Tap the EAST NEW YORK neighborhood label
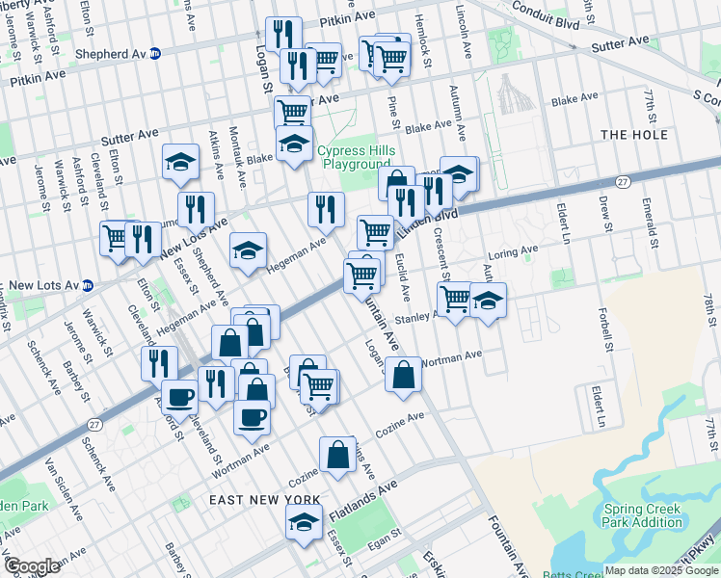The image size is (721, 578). [x=264, y=500]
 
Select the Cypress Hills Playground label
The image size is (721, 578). [x=357, y=158]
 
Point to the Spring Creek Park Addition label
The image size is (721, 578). [x=644, y=516]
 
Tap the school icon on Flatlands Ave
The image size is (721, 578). [x=304, y=523]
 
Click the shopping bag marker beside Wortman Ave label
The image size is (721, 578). [x=403, y=373]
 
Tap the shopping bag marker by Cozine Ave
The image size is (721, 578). [x=338, y=453]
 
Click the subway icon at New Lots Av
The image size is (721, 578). [x=88, y=285]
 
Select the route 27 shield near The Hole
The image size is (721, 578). [x=624, y=181]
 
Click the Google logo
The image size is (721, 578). [x=32, y=566]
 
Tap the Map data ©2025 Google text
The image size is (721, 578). [x=660, y=570]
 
